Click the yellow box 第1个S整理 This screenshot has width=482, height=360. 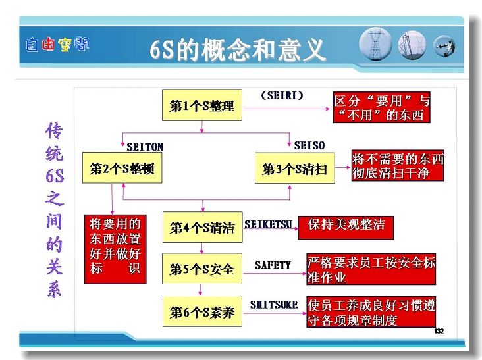[202, 105]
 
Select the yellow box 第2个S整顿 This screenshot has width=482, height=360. [122, 168]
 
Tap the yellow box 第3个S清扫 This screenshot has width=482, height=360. [295, 168]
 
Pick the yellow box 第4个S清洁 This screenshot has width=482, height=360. [203, 227]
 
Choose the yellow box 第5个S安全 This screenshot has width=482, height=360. [202, 269]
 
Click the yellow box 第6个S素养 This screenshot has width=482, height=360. [202, 311]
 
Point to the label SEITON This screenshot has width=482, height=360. [145, 147]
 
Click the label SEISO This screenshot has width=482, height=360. [309, 145]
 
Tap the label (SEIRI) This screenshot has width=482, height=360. [282, 95]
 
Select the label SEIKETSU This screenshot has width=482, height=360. [268, 224]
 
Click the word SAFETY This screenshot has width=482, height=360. [273, 265]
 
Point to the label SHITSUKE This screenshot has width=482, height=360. [274, 305]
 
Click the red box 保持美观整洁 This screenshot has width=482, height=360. [346, 228]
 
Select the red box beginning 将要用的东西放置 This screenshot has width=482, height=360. [115, 249]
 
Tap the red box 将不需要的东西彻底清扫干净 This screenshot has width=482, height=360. [398, 166]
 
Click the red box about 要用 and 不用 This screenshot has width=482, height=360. [381, 107]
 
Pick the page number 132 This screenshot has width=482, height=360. [439, 331]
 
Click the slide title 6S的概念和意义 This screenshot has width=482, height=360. [237, 50]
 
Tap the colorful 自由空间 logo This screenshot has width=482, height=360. [57, 44]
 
